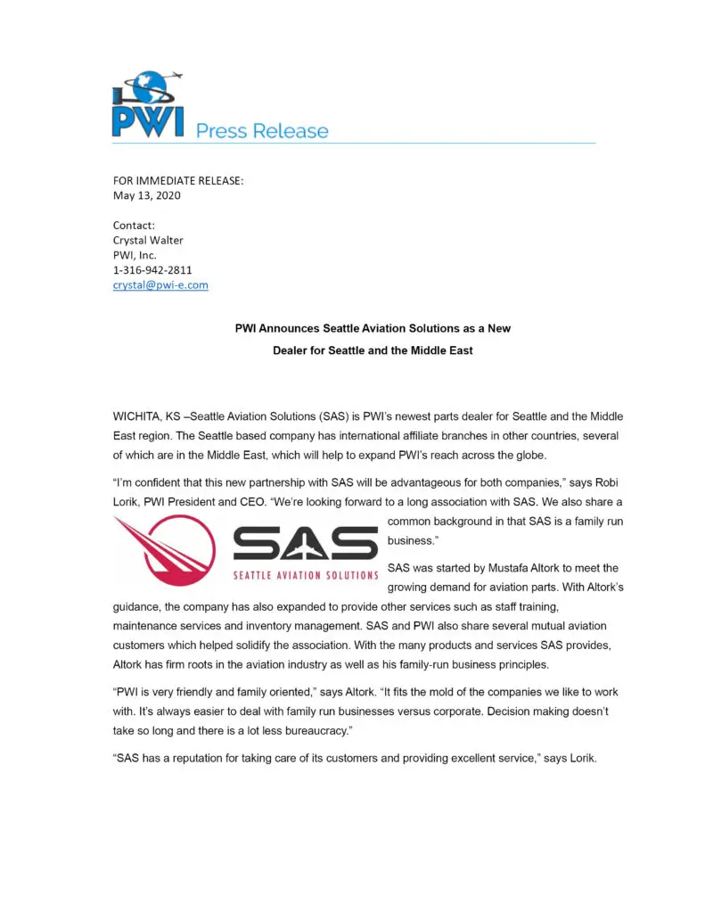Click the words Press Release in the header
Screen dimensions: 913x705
tap(262, 131)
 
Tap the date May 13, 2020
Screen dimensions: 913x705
tap(146, 195)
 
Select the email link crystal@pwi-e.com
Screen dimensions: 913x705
tap(160, 284)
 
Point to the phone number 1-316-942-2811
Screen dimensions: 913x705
tap(152, 269)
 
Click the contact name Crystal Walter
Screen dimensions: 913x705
tap(148, 240)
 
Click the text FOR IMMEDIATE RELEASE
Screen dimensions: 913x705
tap(177, 180)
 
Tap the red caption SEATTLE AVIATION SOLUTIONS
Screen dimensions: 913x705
tap(305, 575)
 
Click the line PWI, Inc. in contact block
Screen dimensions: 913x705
tap(135, 255)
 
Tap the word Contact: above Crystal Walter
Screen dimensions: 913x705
tap(134, 225)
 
